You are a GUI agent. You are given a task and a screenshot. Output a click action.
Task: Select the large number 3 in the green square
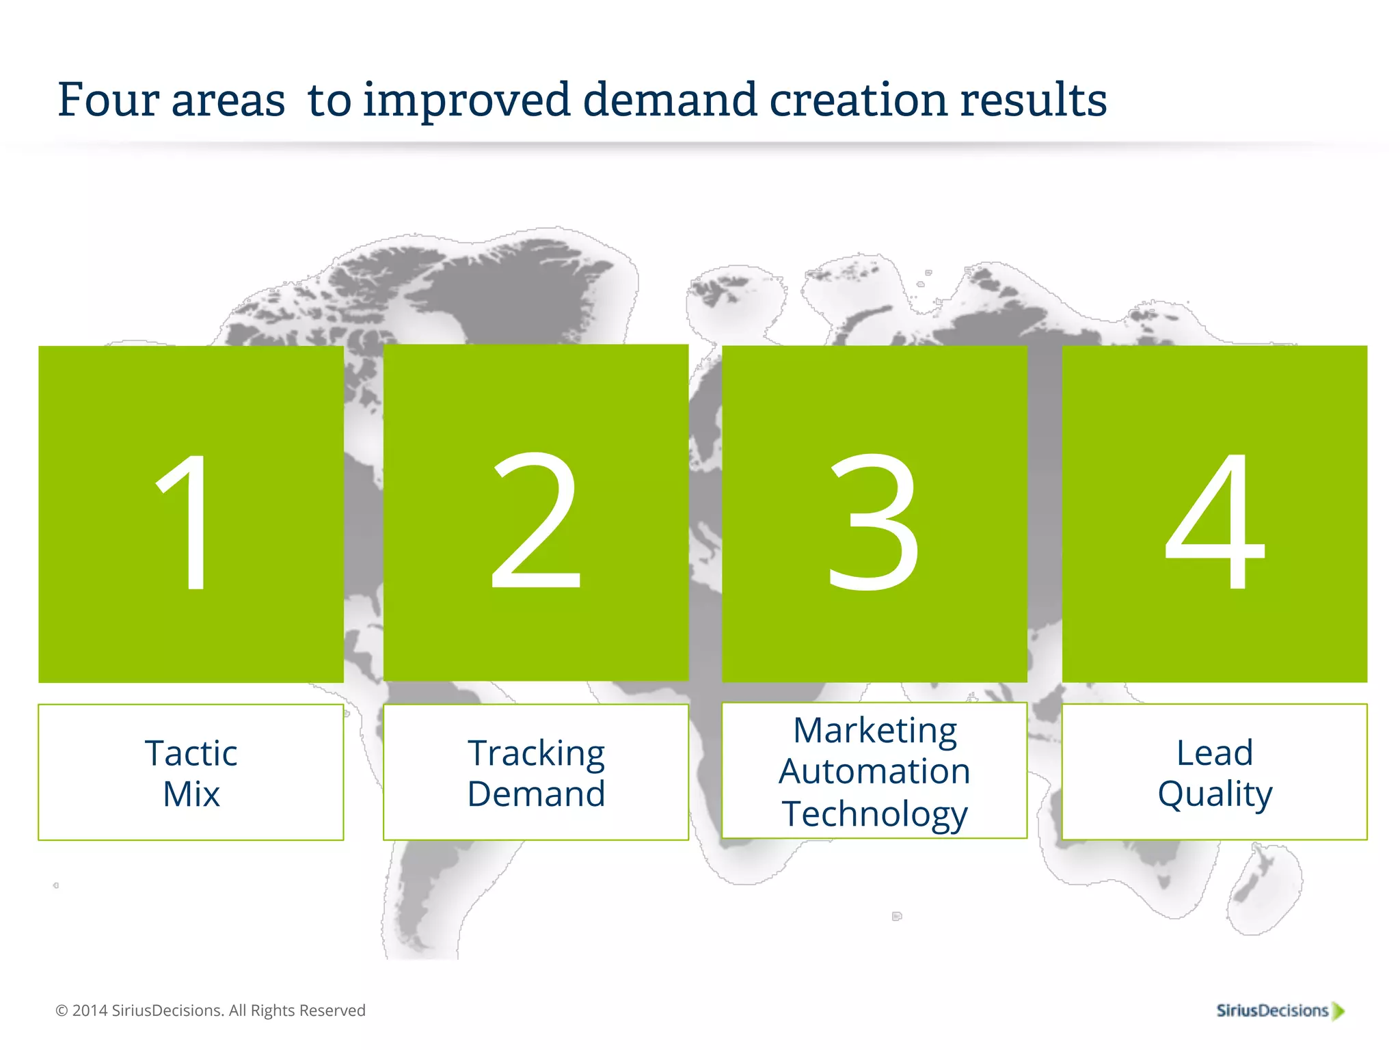click(x=874, y=521)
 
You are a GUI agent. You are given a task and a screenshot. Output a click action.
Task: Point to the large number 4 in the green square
click(x=1215, y=521)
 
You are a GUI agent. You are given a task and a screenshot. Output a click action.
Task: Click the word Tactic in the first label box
click(x=191, y=753)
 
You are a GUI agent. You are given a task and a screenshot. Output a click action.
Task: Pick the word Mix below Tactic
click(x=191, y=794)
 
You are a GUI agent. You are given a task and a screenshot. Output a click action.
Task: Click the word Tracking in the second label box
click(x=536, y=753)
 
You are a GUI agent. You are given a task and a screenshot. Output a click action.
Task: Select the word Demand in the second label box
click(x=536, y=794)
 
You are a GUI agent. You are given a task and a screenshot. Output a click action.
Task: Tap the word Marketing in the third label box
click(x=874, y=730)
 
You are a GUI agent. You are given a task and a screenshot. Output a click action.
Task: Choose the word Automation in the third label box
click(x=874, y=771)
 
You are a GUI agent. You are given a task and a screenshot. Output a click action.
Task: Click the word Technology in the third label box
click(x=874, y=813)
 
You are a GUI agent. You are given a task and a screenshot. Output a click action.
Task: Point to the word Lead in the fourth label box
click(x=1215, y=753)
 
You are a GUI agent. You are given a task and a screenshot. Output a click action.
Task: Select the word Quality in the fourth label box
click(x=1215, y=794)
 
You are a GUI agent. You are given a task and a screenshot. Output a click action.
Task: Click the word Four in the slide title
click(x=108, y=100)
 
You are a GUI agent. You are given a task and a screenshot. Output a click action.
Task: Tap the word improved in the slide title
click(x=466, y=100)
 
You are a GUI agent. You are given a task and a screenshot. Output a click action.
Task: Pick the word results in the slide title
click(x=1034, y=100)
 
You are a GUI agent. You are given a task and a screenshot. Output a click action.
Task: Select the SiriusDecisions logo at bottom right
click(x=1280, y=1010)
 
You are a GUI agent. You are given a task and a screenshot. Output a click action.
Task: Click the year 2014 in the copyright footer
click(x=90, y=1010)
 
